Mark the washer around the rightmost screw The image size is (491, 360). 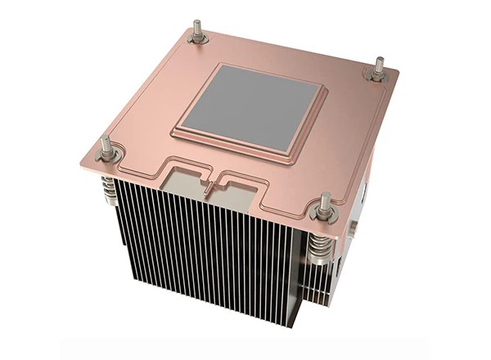(376, 75)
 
